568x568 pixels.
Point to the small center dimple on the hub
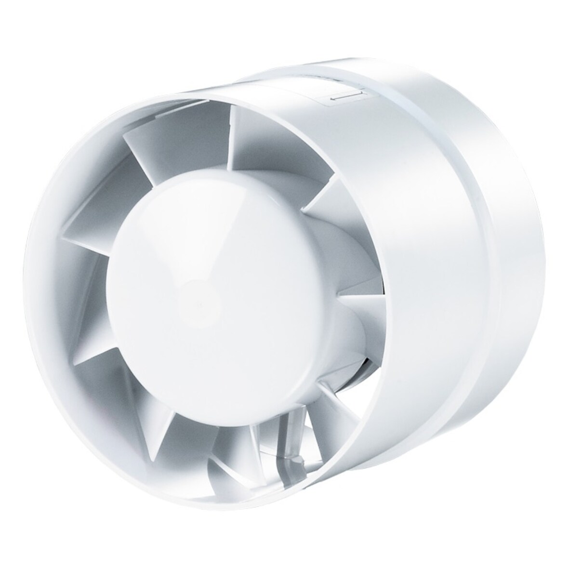pos(197,304)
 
